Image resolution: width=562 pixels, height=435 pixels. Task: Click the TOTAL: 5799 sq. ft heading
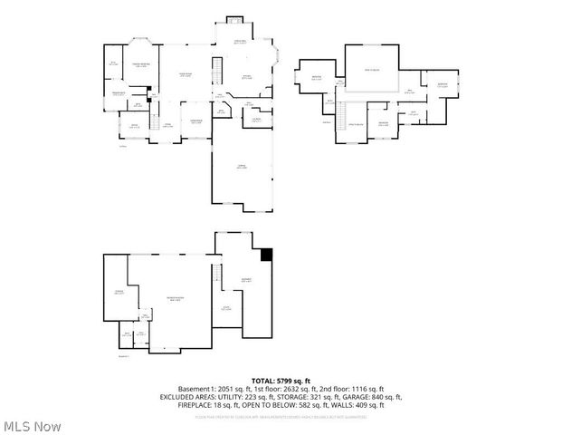tap(281, 381)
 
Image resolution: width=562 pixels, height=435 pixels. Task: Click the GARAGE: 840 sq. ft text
tap(372, 397)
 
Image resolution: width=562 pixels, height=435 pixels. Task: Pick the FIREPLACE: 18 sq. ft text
tap(215, 405)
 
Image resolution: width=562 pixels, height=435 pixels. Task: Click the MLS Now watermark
tap(32, 426)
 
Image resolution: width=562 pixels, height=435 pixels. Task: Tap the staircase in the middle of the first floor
tap(217, 71)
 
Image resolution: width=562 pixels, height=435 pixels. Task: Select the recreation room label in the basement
tap(175, 299)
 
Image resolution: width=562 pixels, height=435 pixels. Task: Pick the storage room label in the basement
tap(119, 293)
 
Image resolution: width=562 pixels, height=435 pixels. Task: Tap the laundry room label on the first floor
tap(257, 120)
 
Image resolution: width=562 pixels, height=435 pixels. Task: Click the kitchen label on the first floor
tap(246, 78)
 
